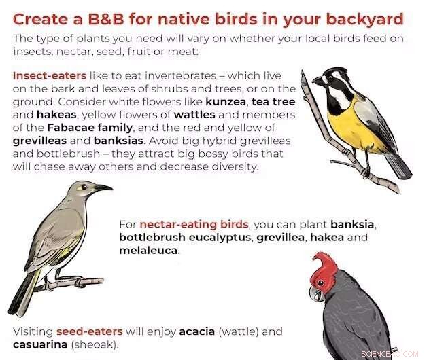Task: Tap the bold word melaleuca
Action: [148, 251]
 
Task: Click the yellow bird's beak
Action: [318, 81]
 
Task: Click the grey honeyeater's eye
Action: [84, 186]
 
